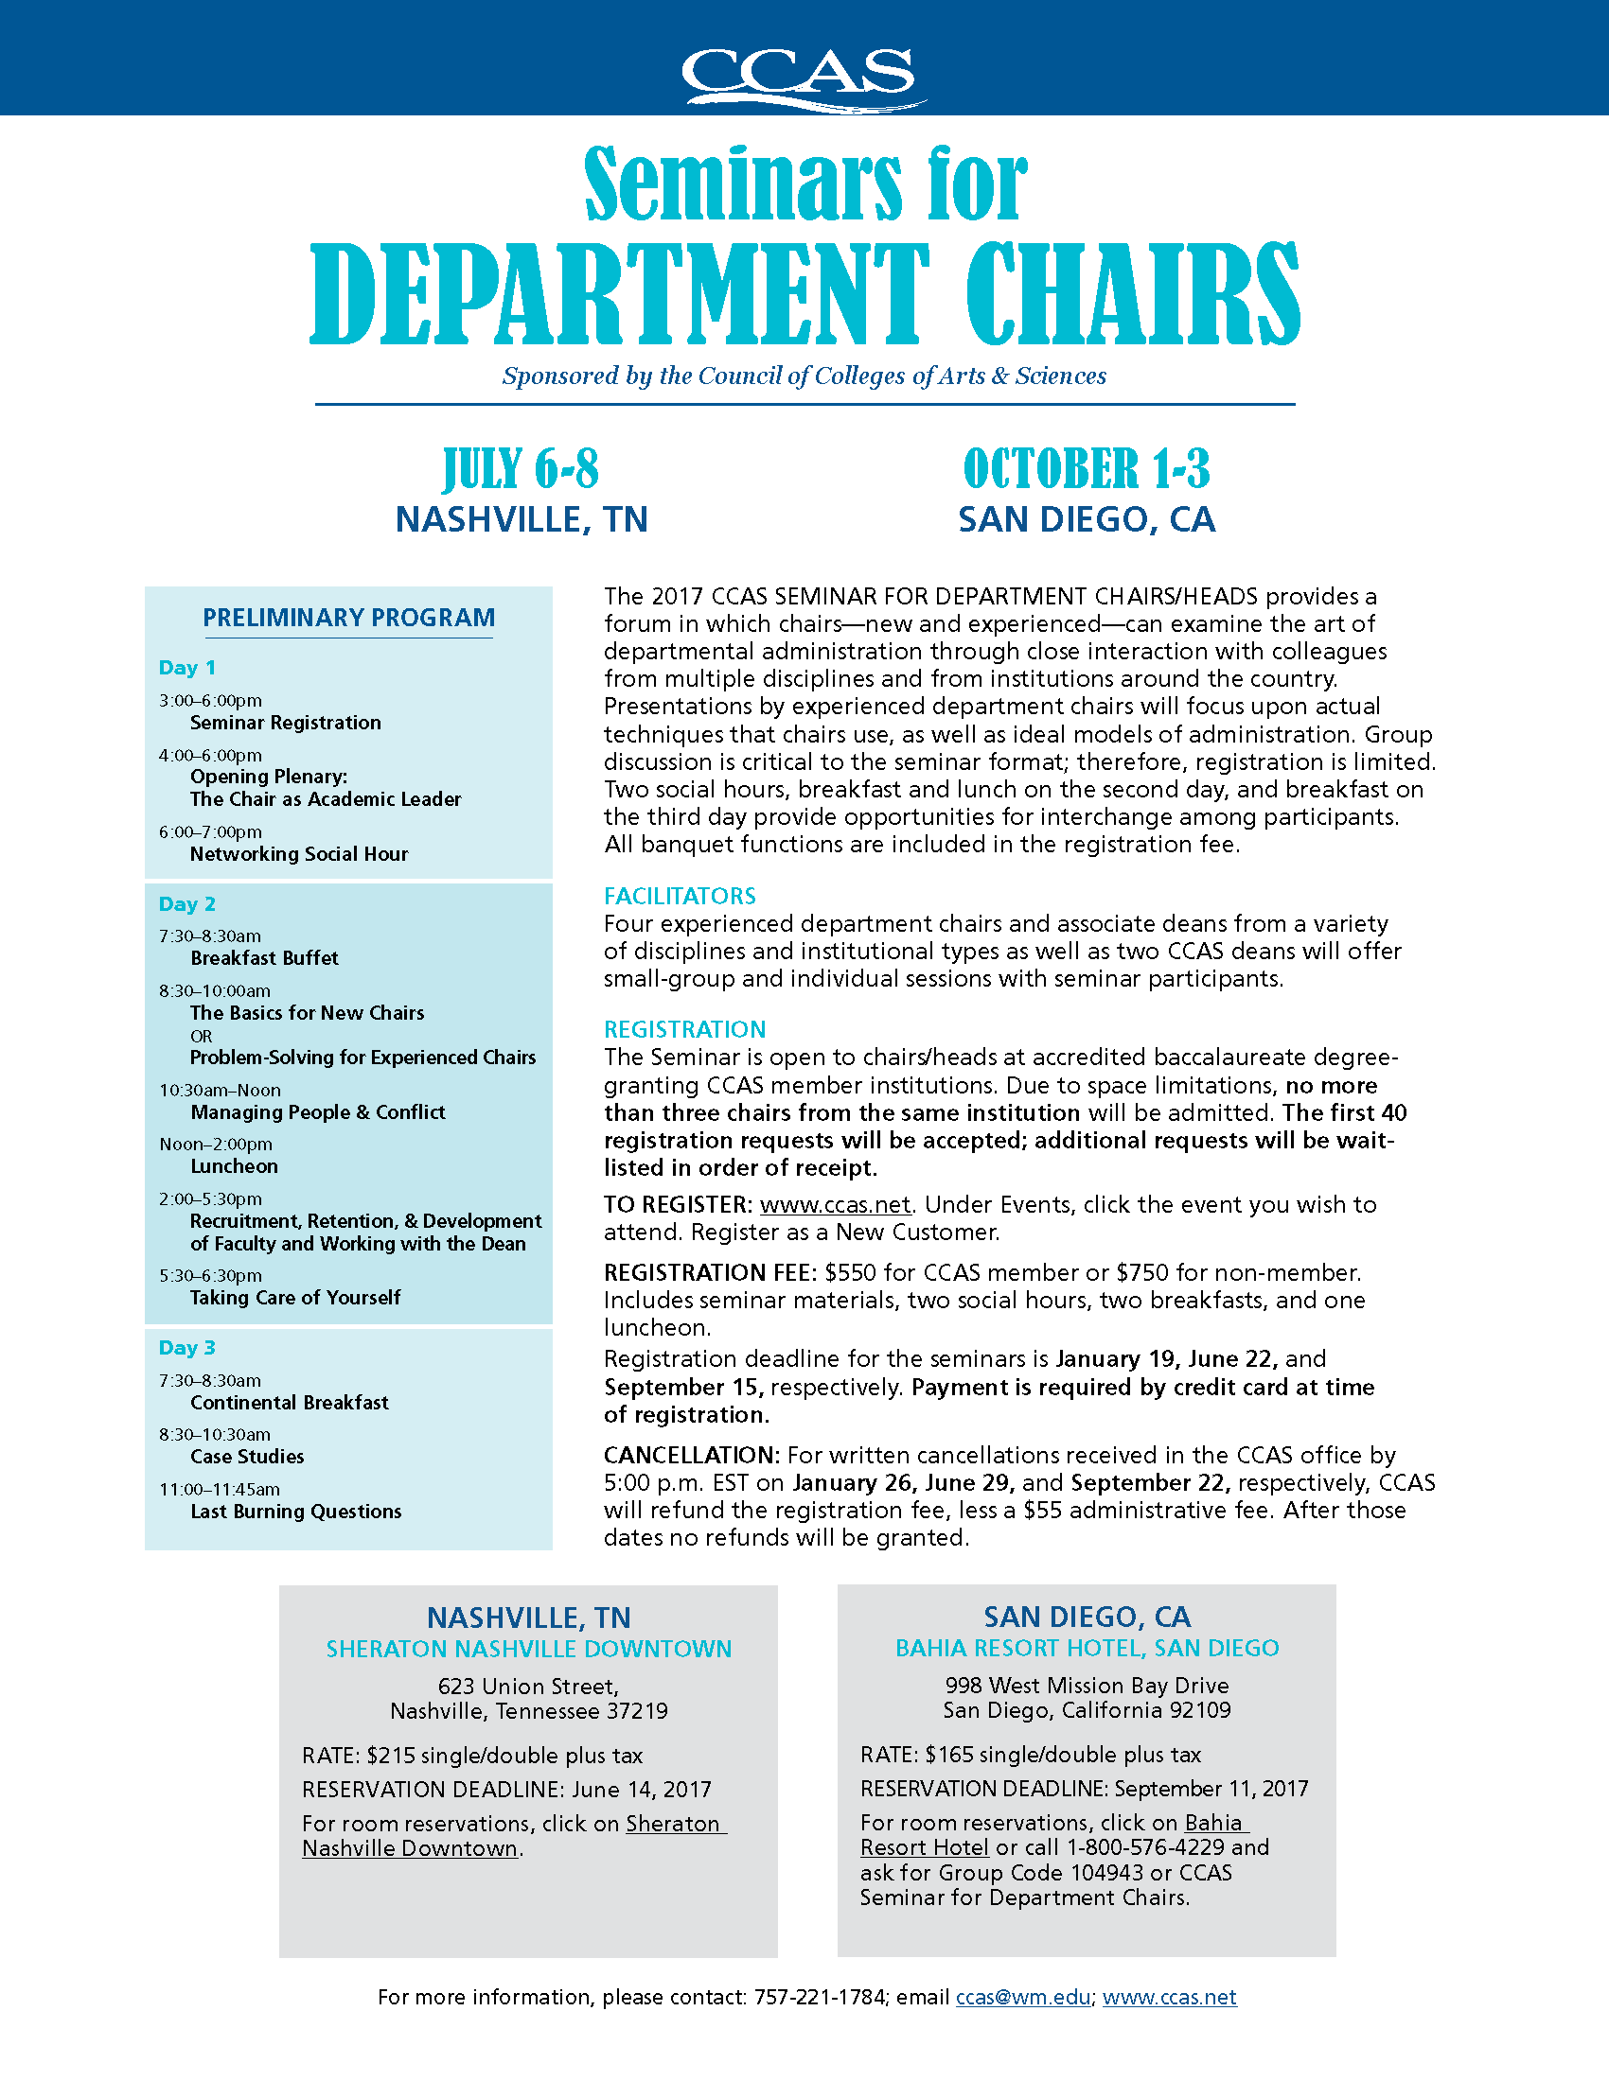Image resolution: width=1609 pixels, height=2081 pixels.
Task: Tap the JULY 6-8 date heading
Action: [522, 469]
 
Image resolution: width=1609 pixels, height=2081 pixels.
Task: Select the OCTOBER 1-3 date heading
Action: [1087, 469]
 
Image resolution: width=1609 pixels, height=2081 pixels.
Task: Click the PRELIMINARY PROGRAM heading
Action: [349, 618]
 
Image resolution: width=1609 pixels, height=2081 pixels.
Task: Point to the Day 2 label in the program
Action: [186, 904]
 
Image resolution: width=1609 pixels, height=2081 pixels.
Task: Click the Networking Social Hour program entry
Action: [298, 854]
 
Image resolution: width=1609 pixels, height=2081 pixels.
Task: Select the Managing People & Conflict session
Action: [317, 1112]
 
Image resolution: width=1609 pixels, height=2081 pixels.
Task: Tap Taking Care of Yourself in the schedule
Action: [294, 1297]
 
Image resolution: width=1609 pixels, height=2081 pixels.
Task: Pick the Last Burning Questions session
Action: [295, 1512]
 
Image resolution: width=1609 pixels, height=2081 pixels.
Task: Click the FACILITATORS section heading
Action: [680, 896]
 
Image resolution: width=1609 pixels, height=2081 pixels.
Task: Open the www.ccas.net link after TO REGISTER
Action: [835, 1204]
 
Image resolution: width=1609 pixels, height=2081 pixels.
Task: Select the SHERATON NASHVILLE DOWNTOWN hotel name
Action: [529, 1650]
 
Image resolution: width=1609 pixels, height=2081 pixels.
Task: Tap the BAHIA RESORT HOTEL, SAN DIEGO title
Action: [1087, 1649]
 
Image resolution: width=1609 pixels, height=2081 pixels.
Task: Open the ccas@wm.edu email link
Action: [1023, 1997]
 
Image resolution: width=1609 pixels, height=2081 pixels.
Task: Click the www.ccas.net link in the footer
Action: [1170, 1997]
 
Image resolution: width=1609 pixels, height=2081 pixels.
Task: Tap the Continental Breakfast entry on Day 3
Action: [289, 1403]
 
